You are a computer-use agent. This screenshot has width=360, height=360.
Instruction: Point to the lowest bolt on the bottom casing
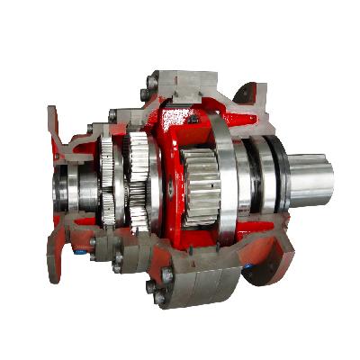click(162, 297)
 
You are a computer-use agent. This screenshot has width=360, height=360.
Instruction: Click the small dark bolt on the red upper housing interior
click(191, 118)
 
